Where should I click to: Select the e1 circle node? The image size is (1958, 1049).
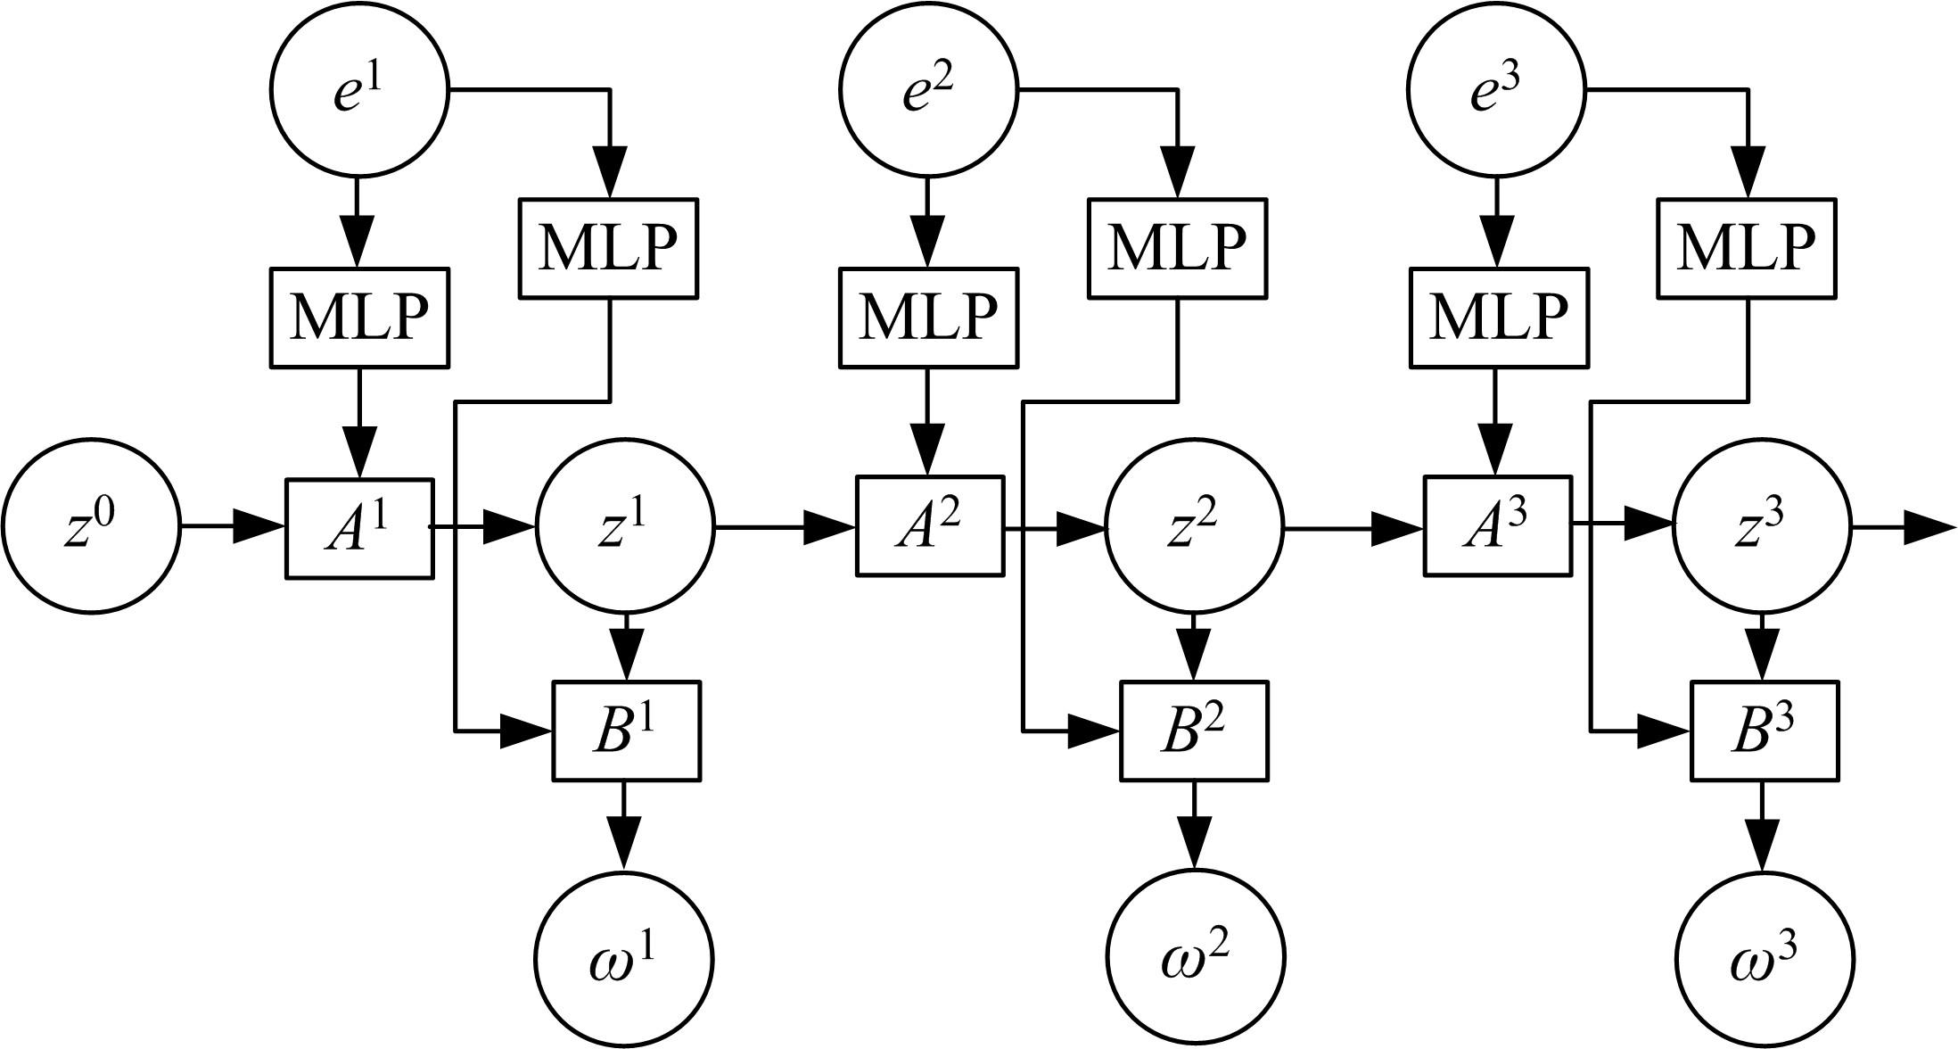point(359,90)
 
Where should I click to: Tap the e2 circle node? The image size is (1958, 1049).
point(927,90)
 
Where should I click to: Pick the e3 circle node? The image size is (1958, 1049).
point(1496,90)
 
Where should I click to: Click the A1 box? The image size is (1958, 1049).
point(359,528)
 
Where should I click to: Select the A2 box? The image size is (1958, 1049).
point(930,526)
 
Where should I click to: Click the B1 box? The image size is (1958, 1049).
point(626,731)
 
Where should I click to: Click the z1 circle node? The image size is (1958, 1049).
point(625,527)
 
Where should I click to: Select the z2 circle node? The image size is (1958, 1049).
point(1195,527)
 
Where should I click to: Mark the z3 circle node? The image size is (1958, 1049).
point(1763,527)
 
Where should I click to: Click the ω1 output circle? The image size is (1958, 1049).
point(624,960)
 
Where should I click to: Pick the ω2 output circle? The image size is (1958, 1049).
point(1196,960)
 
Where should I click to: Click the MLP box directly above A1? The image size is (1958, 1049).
point(359,317)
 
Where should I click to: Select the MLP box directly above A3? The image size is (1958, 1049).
point(1499,317)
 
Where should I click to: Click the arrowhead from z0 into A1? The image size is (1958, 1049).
point(259,527)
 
